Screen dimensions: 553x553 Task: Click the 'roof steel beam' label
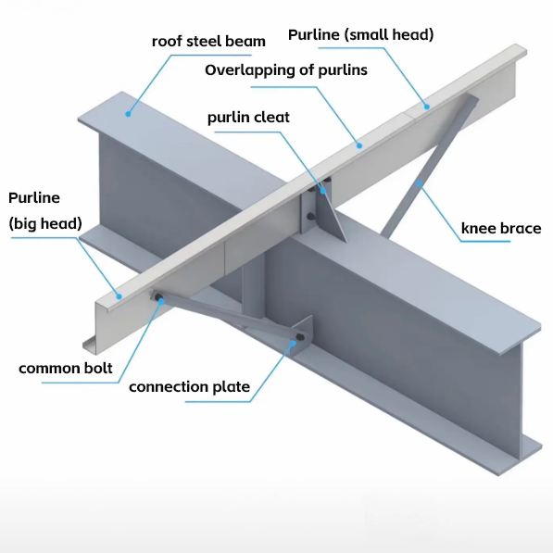208,42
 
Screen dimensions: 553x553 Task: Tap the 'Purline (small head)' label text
360,34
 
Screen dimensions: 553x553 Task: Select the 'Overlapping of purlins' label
286,69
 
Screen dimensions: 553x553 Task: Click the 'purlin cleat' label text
248,117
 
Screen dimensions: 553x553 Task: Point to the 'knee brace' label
501,228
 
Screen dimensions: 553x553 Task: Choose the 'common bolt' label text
66,368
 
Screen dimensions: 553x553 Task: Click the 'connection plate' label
189,387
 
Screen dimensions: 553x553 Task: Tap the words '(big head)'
45,223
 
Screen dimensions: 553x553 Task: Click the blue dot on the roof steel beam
128,114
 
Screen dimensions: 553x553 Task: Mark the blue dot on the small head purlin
427,107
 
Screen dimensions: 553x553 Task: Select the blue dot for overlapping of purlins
359,145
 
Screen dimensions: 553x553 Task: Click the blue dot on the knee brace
419,183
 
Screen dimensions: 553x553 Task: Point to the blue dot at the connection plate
293,342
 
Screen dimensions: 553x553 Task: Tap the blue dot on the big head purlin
119,296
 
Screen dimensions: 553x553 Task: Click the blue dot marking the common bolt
161,301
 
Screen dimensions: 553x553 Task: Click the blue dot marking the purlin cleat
323,191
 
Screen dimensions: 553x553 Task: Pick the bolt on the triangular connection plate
300,337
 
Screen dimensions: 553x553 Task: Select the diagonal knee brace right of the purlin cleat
430,166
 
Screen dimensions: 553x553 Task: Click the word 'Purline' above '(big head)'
34,198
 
